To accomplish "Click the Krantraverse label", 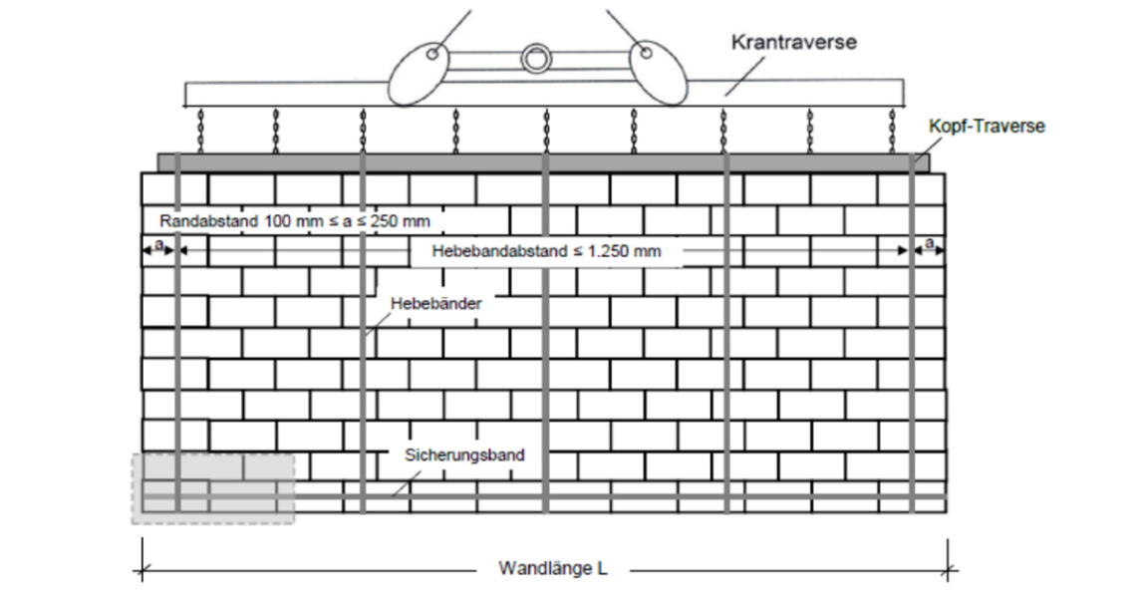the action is click(794, 42).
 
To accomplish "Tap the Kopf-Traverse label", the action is click(987, 127).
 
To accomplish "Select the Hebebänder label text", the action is click(436, 303).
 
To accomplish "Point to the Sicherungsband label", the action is click(464, 455).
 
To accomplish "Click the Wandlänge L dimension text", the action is click(552, 568).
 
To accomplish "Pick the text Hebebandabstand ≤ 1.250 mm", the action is click(547, 251).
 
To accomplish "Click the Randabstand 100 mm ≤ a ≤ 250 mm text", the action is click(295, 221).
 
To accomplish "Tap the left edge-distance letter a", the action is click(159, 245).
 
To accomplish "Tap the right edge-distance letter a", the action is click(929, 244).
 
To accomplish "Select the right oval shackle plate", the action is click(658, 73).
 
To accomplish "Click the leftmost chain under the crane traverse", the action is click(201, 131).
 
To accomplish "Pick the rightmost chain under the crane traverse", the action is click(893, 131).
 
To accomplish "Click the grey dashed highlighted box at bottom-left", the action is click(213, 489).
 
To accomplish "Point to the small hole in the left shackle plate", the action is click(432, 54).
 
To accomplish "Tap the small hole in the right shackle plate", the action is click(645, 52).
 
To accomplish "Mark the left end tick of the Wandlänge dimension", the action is click(142, 570).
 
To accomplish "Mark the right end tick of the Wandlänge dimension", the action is click(948, 570).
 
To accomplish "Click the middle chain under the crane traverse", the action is click(547, 131).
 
